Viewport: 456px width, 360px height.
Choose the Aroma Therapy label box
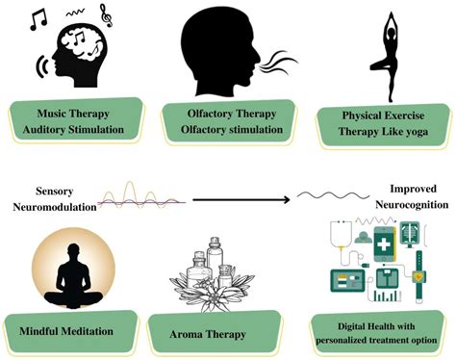(x=208, y=334)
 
